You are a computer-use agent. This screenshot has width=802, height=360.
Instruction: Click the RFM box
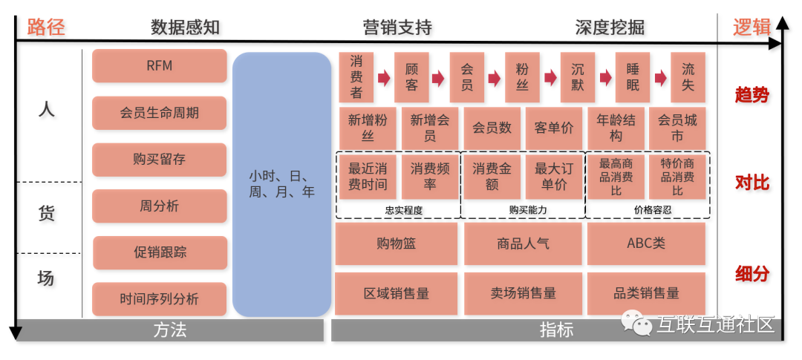pos(159,66)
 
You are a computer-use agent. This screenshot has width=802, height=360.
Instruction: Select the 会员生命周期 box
pos(159,113)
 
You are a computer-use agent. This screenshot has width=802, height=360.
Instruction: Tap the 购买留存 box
pos(159,160)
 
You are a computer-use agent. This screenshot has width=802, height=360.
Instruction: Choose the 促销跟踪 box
pos(160,252)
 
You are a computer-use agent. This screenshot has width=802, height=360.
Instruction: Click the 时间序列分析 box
pos(159,299)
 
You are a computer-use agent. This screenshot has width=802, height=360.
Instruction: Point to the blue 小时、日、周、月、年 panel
pos(281,184)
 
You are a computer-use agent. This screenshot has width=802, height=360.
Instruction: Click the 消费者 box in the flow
pos(356,77)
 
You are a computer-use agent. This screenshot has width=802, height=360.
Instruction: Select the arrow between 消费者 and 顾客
pos(384,77)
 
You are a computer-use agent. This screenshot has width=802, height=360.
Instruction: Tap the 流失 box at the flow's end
pos(688,77)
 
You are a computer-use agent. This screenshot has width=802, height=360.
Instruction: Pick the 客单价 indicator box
pos(553,128)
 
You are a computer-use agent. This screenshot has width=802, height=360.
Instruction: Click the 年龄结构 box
pos(616,128)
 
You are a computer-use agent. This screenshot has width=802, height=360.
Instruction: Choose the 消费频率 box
pos(429,177)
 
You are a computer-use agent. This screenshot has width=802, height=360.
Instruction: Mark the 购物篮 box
pos(396,243)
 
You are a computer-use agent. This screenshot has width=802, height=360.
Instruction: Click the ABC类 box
pos(645,243)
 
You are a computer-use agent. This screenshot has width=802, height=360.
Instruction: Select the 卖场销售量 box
pos(523,293)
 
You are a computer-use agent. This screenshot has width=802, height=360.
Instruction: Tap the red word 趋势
pos(752,95)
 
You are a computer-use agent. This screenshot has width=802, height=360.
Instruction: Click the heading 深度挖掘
pos(609,27)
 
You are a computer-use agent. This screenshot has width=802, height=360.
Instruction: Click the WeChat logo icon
pos(636,323)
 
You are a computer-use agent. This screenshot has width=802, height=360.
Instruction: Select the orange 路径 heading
pos(46,27)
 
